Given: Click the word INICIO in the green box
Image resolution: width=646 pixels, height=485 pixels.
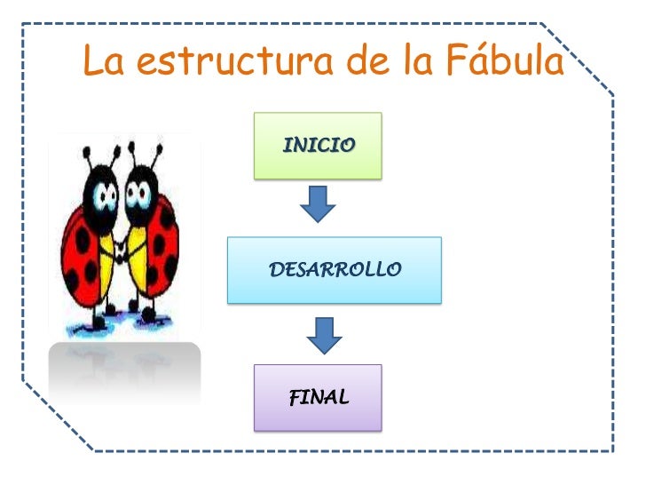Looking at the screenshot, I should tap(319, 145).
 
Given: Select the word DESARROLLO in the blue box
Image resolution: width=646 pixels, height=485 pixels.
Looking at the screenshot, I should tap(335, 269).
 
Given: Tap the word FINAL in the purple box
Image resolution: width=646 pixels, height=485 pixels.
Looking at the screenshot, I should tap(319, 397).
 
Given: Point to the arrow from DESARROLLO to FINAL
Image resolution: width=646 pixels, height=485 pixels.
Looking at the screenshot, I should tap(325, 333).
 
